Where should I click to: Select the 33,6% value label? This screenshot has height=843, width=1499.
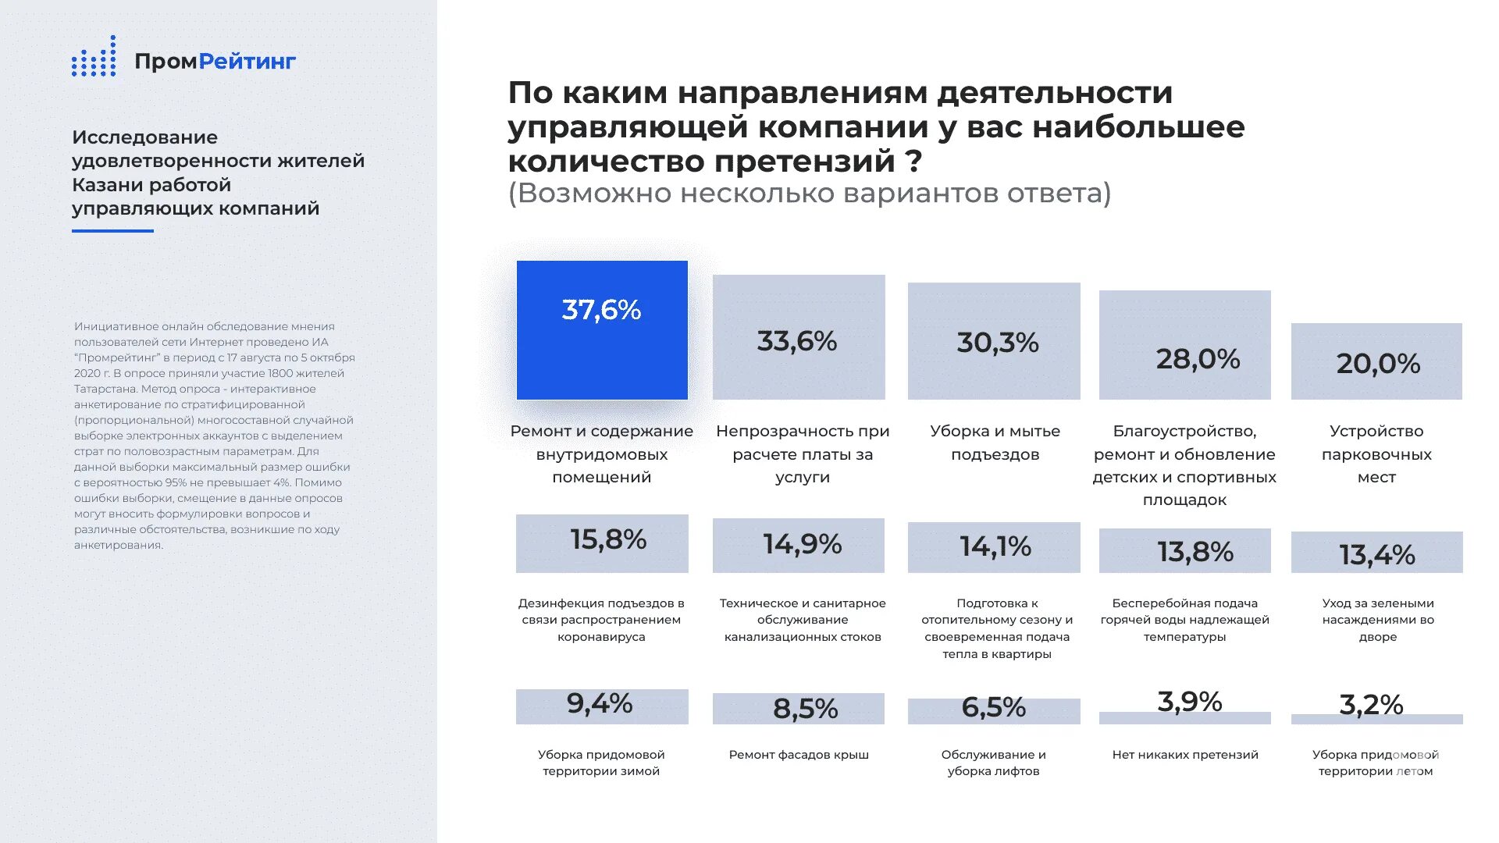(x=796, y=341)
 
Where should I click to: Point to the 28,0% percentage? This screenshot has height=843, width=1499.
(x=1198, y=359)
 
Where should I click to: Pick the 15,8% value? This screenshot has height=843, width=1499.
(x=608, y=539)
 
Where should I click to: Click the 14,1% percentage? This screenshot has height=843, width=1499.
(x=995, y=546)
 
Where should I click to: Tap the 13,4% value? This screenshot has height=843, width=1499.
(x=1377, y=555)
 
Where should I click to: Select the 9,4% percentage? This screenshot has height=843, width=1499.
(x=600, y=703)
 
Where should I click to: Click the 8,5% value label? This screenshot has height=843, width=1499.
(x=805, y=709)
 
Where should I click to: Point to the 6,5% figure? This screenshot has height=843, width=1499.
(x=993, y=707)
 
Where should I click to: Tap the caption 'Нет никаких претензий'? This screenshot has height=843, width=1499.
(x=1185, y=755)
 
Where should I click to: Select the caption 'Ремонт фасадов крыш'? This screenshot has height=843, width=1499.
(x=799, y=755)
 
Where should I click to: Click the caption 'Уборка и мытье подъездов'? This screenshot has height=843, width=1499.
(x=995, y=443)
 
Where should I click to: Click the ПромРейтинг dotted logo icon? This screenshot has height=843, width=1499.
(x=94, y=57)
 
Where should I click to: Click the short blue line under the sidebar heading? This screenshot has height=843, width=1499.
(x=112, y=231)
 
